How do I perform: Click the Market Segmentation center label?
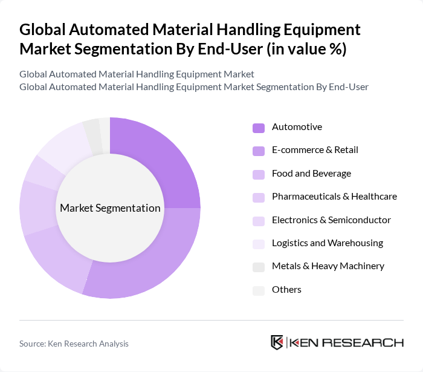tap(110, 208)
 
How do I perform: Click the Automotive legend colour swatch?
tap(259, 128)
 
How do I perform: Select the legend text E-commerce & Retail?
tap(315, 150)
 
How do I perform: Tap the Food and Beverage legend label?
tap(311, 174)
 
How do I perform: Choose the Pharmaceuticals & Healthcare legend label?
tap(334, 197)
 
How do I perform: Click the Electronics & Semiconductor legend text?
tap(331, 220)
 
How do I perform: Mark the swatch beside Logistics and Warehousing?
tap(259, 244)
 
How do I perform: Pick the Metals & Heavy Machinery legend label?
tap(328, 266)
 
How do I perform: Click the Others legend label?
tap(286, 290)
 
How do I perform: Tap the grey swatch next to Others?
tap(259, 290)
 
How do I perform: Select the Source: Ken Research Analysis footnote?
tap(74, 344)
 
